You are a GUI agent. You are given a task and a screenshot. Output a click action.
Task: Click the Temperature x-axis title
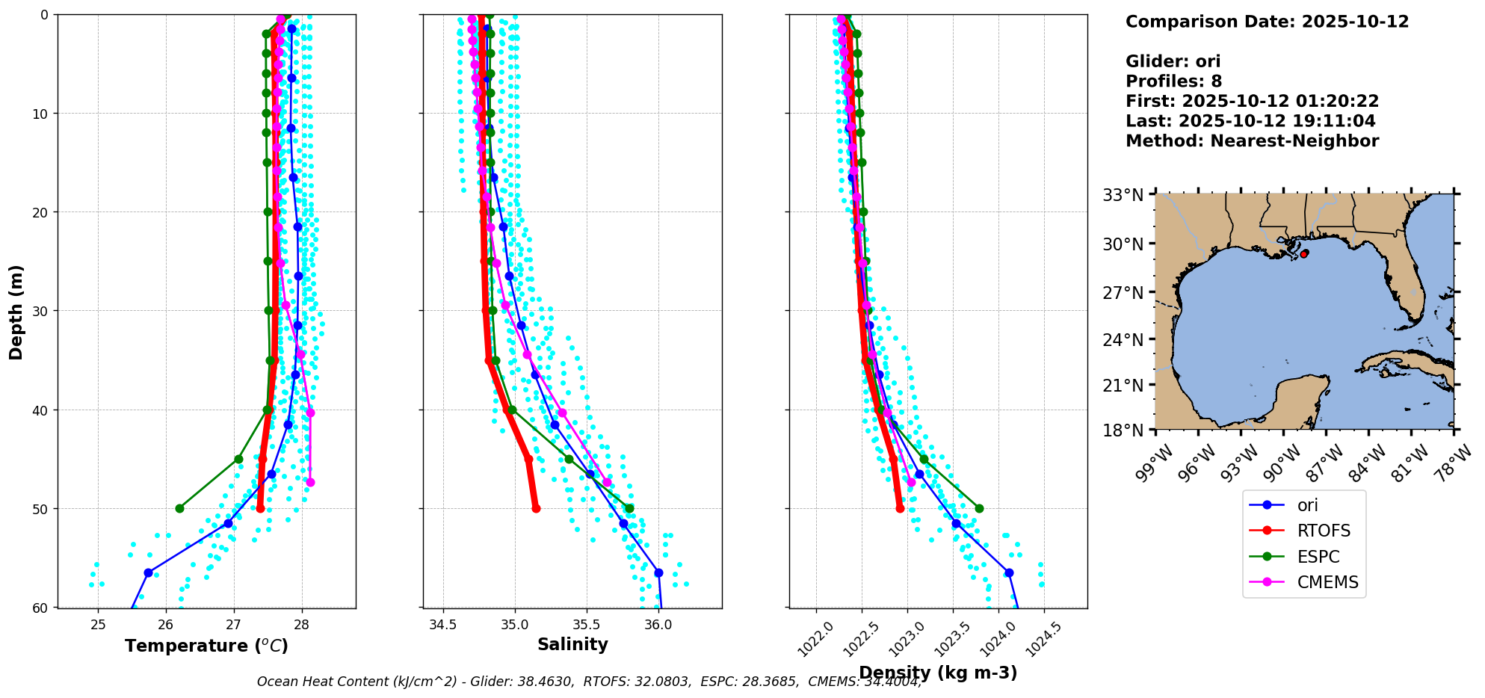(x=206, y=646)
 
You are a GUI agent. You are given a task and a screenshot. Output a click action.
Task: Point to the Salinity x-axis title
(x=572, y=644)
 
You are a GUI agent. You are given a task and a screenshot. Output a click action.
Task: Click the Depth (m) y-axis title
(x=16, y=312)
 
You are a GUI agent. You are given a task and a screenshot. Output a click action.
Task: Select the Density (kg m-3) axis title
(x=938, y=673)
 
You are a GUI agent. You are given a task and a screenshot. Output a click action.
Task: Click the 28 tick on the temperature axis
(x=301, y=625)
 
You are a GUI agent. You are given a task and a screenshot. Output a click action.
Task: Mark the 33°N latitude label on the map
(x=1123, y=195)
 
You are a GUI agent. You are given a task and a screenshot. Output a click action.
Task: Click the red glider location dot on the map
(x=1304, y=254)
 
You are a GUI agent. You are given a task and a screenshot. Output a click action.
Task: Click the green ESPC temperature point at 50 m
(x=179, y=508)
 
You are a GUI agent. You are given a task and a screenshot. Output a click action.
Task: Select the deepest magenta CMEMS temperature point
(x=310, y=482)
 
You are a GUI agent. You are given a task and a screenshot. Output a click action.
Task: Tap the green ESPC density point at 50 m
(x=979, y=508)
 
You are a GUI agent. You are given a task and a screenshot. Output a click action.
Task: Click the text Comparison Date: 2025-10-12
(x=1267, y=22)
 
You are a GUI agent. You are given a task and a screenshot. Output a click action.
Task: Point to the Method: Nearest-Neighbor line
(x=1252, y=140)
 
